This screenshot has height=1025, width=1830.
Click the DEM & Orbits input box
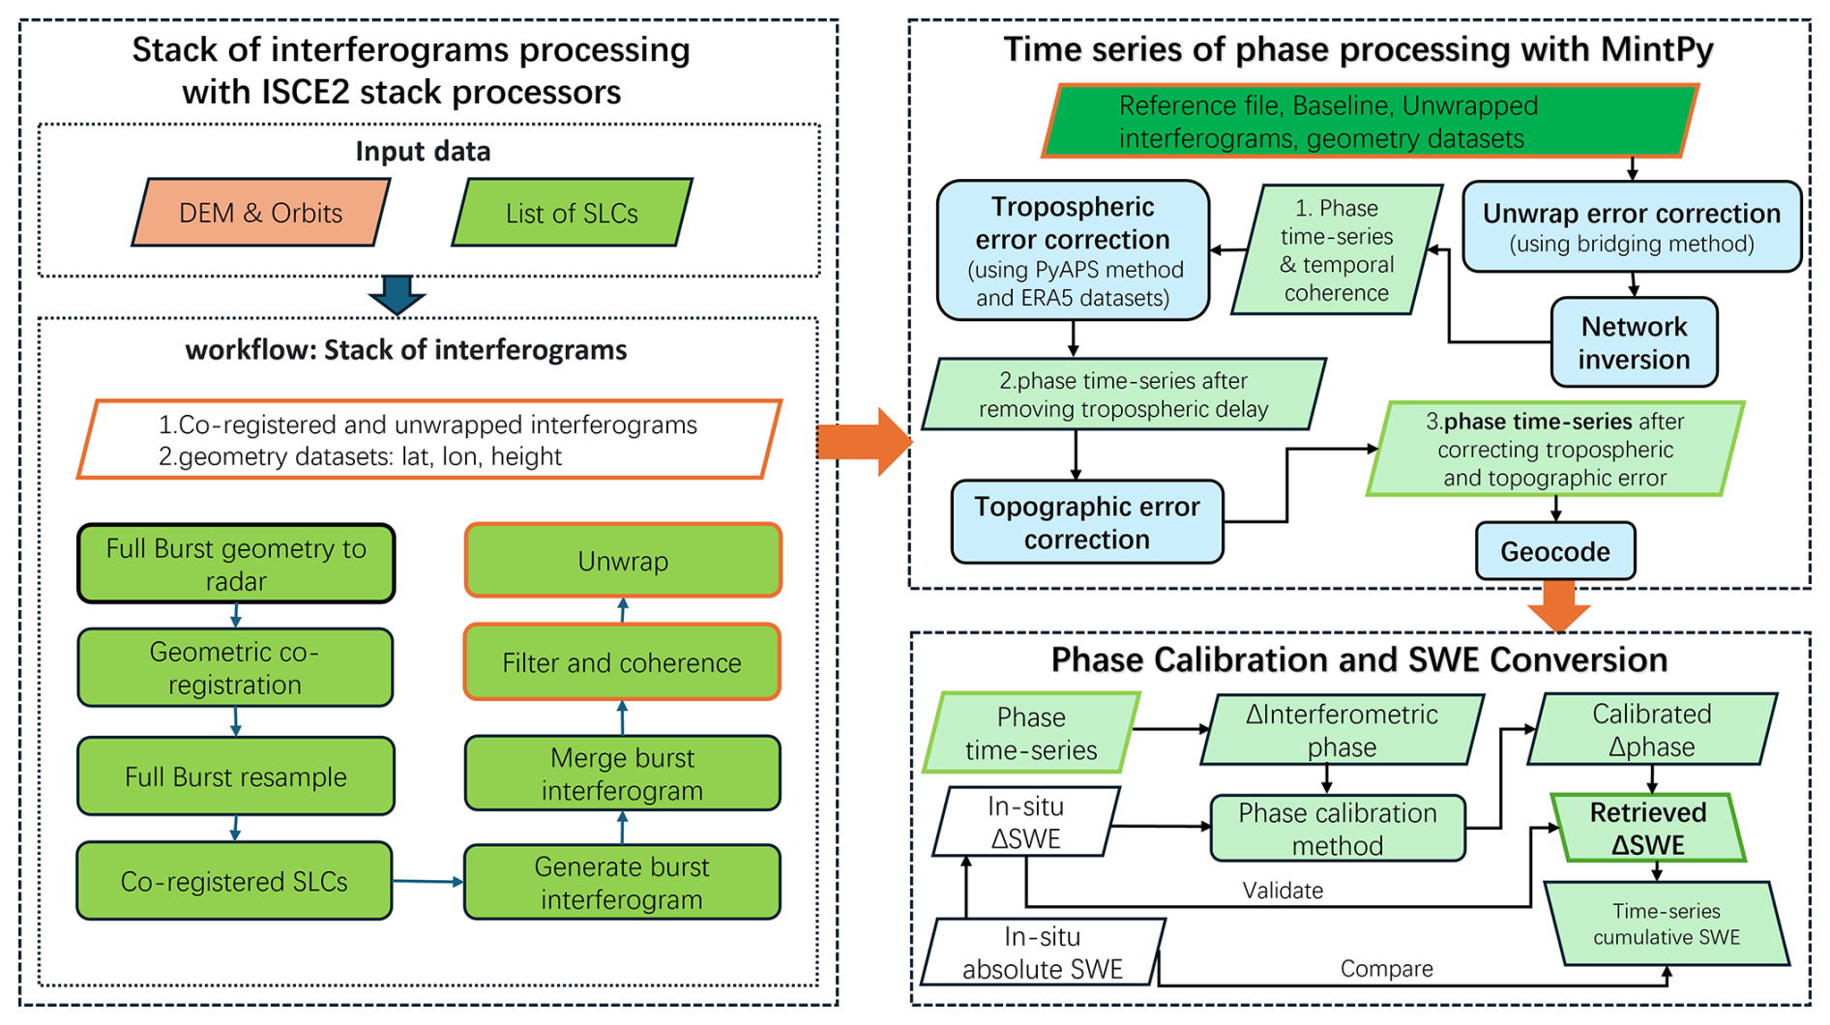[x=260, y=213]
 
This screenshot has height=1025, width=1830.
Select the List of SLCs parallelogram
[x=572, y=213]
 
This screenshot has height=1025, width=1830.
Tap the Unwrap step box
[x=623, y=561]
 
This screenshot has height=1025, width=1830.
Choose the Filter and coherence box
[x=622, y=662]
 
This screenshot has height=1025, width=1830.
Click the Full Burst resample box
[x=236, y=776]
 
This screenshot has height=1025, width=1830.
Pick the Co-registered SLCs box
[x=234, y=881]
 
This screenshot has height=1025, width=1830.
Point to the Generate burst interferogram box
[x=622, y=882]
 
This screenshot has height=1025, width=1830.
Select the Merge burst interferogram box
[x=622, y=774]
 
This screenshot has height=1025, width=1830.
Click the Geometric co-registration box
[x=235, y=667]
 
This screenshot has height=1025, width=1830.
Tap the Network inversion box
[x=1634, y=342]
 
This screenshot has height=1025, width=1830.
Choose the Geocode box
[x=1555, y=551]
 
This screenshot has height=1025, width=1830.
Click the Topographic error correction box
[x=1087, y=522]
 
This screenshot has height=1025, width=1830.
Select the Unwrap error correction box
[x=1632, y=226]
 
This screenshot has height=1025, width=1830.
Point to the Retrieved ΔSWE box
[x=1648, y=828]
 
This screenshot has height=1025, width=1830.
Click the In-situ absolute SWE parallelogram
[x=1043, y=952]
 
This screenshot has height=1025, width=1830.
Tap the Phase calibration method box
[x=1338, y=829]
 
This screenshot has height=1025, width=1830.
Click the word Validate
[x=1283, y=891]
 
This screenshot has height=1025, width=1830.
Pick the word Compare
[x=1386, y=969]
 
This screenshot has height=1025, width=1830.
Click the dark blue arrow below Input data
[x=397, y=295]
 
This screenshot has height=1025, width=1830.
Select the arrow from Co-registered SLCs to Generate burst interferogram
[x=428, y=881]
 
